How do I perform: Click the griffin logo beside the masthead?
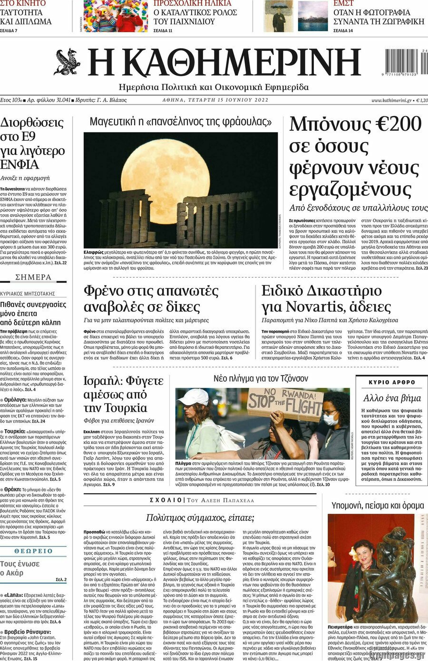click(67, 62)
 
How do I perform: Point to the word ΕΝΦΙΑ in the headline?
click(20, 165)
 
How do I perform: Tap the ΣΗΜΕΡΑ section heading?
click(33, 277)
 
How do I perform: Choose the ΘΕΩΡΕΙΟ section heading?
click(33, 551)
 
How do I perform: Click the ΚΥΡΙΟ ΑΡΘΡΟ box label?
click(392, 382)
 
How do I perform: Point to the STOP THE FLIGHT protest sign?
click(285, 404)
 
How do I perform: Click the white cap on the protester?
click(193, 397)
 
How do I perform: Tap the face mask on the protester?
click(331, 419)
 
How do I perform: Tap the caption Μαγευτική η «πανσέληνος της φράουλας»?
click(181, 122)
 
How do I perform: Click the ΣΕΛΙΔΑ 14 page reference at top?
click(343, 31)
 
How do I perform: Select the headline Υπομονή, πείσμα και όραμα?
click(377, 505)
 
